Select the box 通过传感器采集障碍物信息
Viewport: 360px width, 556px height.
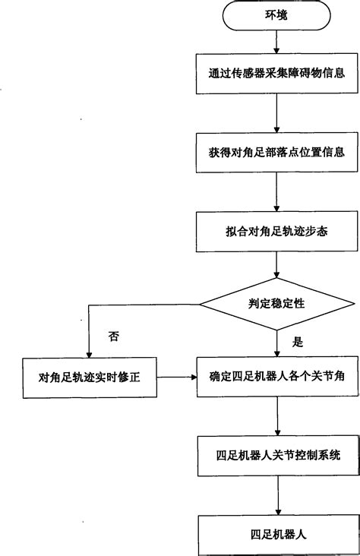276,74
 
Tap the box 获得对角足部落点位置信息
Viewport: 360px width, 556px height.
276,152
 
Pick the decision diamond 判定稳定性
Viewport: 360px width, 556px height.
276,302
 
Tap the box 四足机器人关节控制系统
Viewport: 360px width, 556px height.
276,456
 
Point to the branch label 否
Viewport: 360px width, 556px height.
115,334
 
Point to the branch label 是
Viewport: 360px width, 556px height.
298,342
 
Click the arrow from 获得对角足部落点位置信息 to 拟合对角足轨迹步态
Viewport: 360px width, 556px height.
276,190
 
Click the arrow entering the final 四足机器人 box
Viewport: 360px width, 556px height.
276,495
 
